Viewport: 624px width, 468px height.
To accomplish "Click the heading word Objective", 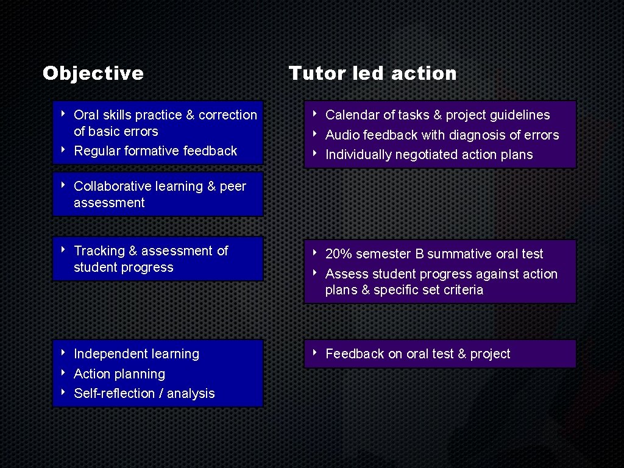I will point(93,74).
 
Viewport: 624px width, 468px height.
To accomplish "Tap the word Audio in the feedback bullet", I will point(342,135).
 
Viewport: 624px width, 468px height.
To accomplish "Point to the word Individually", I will point(358,155).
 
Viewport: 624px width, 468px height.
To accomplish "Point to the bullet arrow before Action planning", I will point(63,372).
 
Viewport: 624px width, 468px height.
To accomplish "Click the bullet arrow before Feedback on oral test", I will point(315,352).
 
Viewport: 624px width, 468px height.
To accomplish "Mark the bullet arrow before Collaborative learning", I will point(63,185).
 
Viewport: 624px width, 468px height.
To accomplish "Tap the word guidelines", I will point(520,115).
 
